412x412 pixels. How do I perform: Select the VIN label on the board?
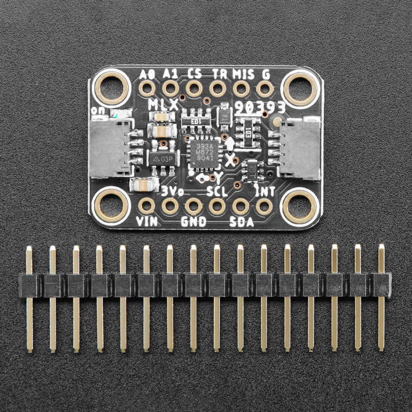(147, 221)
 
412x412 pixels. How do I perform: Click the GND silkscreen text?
(194, 222)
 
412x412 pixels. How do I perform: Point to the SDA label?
(242, 222)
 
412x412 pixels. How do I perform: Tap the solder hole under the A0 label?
(147, 88)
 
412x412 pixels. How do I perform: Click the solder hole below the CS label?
(194, 88)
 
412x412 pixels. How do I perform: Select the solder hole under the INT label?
(264, 206)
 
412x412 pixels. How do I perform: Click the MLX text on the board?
(163, 105)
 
